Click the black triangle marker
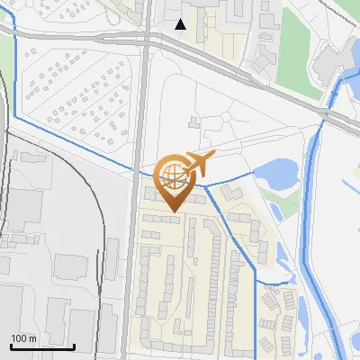pyautogui.click(x=181, y=24)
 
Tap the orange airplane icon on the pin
pyautogui.click(x=198, y=164)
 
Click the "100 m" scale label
pyautogui.click(x=23, y=338)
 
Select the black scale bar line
pyautogui.click(x=42, y=346)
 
